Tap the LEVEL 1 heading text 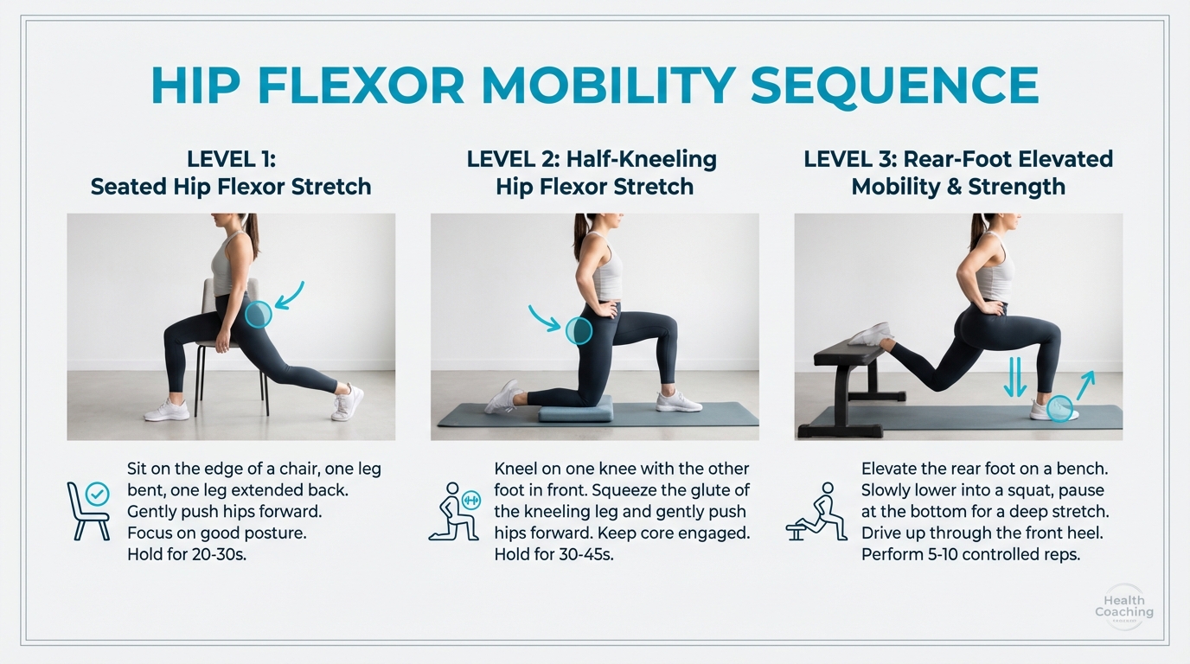[230, 160]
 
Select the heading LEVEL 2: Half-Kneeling [592, 160]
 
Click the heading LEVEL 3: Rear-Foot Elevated [957, 160]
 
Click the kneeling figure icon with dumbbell [455, 512]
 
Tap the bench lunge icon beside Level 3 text [816, 512]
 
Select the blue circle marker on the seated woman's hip [258, 315]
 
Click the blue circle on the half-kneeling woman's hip [579, 330]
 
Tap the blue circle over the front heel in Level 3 [1059, 408]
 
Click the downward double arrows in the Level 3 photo [1014, 379]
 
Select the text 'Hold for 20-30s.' [187, 554]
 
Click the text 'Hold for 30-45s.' [553, 554]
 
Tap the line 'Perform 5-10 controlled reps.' [970, 554]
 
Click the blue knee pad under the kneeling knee [575, 409]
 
